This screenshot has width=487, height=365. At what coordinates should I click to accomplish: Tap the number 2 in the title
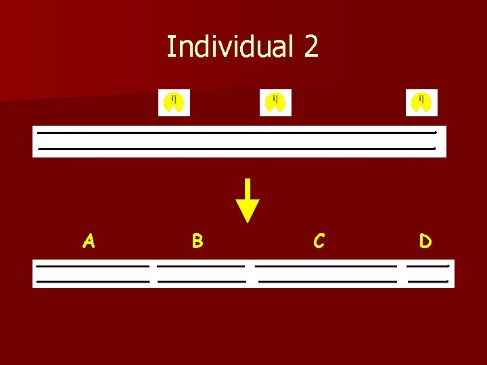coord(310,47)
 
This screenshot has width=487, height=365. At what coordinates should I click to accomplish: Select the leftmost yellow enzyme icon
coord(174,103)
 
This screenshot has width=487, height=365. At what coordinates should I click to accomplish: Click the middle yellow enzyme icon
coord(275,103)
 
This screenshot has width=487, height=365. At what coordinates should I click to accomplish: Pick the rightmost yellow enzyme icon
coord(421,103)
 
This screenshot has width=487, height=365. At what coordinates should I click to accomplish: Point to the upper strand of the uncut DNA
coord(237,132)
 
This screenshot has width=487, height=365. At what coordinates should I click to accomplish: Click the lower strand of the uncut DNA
coord(237,148)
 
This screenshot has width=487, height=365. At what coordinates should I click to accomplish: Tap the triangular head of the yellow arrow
coord(248,212)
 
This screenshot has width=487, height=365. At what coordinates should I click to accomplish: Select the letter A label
coord(88,241)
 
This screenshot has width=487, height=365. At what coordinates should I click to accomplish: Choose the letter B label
coord(197,241)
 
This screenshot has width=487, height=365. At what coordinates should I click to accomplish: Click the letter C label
coord(319,241)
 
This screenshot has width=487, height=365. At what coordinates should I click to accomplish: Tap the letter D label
coord(425,241)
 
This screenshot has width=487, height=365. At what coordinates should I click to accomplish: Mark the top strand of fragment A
coord(92,266)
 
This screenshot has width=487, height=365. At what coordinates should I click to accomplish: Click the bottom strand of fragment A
coord(92,281)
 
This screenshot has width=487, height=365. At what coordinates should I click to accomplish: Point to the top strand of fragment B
coord(201,266)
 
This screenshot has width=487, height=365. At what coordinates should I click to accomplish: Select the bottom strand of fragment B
coord(202,281)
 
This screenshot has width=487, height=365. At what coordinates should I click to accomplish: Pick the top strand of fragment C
coord(325,266)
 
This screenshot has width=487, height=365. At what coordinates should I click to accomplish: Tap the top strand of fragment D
coord(428,266)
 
